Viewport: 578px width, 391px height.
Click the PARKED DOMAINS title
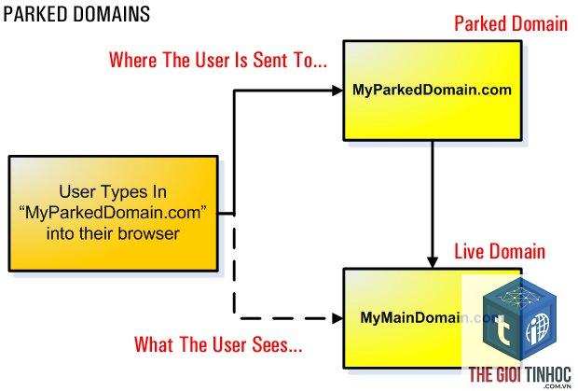click(76, 15)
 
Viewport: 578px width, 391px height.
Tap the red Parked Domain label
click(511, 24)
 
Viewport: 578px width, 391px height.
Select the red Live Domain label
click(500, 252)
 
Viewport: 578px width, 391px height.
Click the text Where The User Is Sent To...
click(218, 60)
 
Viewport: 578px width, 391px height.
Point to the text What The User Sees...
click(218, 344)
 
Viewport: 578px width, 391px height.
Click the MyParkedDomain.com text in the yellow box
click(432, 90)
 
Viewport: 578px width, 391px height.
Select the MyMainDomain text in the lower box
click(410, 317)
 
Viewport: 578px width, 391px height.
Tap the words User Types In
click(113, 192)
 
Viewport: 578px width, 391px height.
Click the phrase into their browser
click(113, 234)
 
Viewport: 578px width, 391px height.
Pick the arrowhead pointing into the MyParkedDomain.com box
click(337, 91)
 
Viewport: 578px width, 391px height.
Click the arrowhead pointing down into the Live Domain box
click(433, 262)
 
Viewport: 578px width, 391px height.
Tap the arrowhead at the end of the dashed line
click(337, 318)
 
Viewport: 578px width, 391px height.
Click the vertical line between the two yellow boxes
click(433, 199)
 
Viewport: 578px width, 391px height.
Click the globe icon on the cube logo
click(538, 328)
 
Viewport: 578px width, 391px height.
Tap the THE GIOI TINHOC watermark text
click(520, 375)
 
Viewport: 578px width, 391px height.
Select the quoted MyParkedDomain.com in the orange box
click(113, 213)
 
